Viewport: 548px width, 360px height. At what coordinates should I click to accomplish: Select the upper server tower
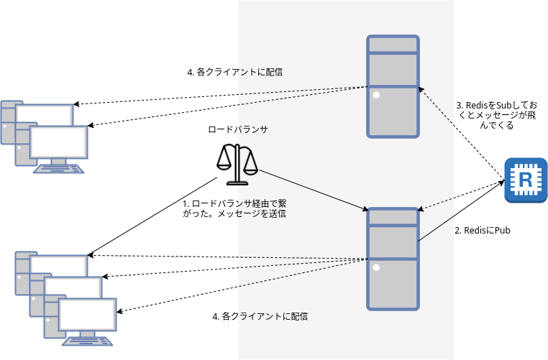click(x=393, y=86)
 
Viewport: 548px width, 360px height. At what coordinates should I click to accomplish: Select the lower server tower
click(x=393, y=259)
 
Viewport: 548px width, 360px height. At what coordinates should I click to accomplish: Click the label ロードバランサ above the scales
click(x=237, y=129)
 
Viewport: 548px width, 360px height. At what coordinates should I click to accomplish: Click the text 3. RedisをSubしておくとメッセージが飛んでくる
click(x=496, y=114)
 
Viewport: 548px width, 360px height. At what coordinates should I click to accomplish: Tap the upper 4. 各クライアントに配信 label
click(x=234, y=72)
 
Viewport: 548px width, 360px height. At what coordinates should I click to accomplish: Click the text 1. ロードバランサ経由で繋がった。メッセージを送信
click(x=235, y=208)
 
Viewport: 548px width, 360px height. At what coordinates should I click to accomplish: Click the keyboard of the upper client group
click(x=60, y=168)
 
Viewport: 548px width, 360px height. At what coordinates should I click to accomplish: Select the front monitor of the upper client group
click(x=59, y=142)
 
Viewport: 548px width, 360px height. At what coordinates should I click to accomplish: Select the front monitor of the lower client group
click(x=86, y=315)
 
